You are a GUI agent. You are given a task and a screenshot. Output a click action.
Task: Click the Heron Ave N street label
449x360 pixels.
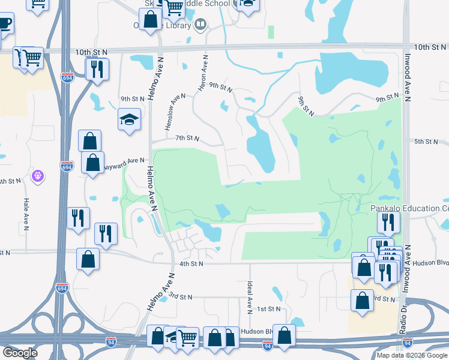[203, 74]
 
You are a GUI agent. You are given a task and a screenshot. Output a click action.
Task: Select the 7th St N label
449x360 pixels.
[187, 138]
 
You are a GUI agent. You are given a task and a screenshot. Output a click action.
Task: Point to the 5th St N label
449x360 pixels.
[427, 142]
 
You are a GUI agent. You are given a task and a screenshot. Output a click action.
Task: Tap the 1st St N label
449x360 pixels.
[269, 308]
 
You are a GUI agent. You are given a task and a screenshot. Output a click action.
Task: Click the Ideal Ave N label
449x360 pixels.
[249, 296]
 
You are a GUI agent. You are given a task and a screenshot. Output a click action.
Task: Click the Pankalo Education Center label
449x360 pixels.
[409, 208]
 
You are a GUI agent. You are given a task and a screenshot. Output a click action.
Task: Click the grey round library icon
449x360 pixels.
[200, 25]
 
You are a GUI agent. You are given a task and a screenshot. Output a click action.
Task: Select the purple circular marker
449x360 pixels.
[39, 176]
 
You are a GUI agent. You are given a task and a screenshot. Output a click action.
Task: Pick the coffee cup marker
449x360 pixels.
[4, 23]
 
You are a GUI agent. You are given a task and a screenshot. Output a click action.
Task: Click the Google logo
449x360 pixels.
[20, 353]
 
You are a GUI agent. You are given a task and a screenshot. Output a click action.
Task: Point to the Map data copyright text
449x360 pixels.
[412, 355]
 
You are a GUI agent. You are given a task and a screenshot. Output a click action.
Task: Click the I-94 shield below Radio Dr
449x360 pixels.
[408, 343]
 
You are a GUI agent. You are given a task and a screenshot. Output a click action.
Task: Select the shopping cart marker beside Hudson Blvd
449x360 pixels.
[188, 338]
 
